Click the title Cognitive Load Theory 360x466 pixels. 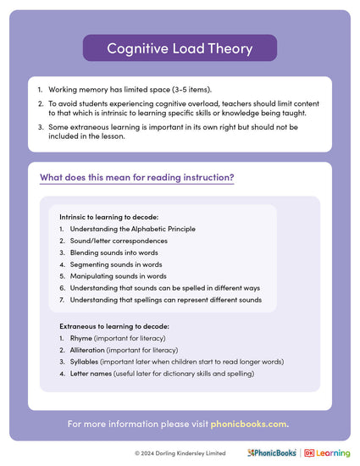[180, 48]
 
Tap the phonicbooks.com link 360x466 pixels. [253, 423]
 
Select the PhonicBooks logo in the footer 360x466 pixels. [271, 453]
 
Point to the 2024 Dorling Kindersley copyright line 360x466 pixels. [180, 453]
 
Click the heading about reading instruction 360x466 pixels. [137, 178]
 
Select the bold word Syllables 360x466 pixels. [86, 361]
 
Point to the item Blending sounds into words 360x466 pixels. [117, 252]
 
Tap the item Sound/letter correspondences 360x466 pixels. [119, 241]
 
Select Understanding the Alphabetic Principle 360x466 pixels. [133, 229]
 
